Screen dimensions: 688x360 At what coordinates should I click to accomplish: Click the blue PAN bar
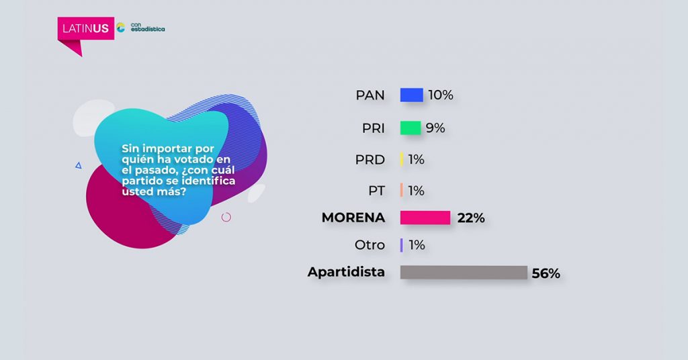[x=411, y=95]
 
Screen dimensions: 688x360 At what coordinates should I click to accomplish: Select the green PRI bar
[x=411, y=128]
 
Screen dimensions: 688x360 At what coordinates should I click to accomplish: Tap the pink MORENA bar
[x=425, y=218]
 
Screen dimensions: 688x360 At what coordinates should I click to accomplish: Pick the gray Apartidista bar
[x=464, y=272]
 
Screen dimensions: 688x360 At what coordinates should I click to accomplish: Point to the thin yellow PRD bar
[x=402, y=159]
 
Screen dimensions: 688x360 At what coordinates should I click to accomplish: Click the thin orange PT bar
[x=402, y=190]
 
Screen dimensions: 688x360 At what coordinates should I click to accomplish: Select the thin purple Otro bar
[x=402, y=245]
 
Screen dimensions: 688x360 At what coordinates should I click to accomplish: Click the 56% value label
[x=546, y=273]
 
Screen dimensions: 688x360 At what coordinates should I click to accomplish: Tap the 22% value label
[x=471, y=218]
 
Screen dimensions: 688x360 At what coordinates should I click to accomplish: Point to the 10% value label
[x=441, y=95]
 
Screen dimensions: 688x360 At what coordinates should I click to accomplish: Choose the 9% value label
[x=435, y=128]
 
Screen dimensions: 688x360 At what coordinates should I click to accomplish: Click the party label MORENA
[x=353, y=218]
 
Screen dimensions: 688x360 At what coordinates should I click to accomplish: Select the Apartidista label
[x=346, y=272]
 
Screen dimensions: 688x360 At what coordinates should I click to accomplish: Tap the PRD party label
[x=370, y=160]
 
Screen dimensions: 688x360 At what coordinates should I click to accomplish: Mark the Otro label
[x=370, y=244]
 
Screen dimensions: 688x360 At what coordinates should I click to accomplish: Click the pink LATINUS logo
[x=85, y=29]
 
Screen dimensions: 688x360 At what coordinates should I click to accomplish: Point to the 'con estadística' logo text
[x=148, y=27]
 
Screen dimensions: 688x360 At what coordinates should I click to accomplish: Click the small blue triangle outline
[x=79, y=165]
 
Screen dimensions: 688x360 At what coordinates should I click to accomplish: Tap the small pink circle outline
[x=226, y=217]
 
